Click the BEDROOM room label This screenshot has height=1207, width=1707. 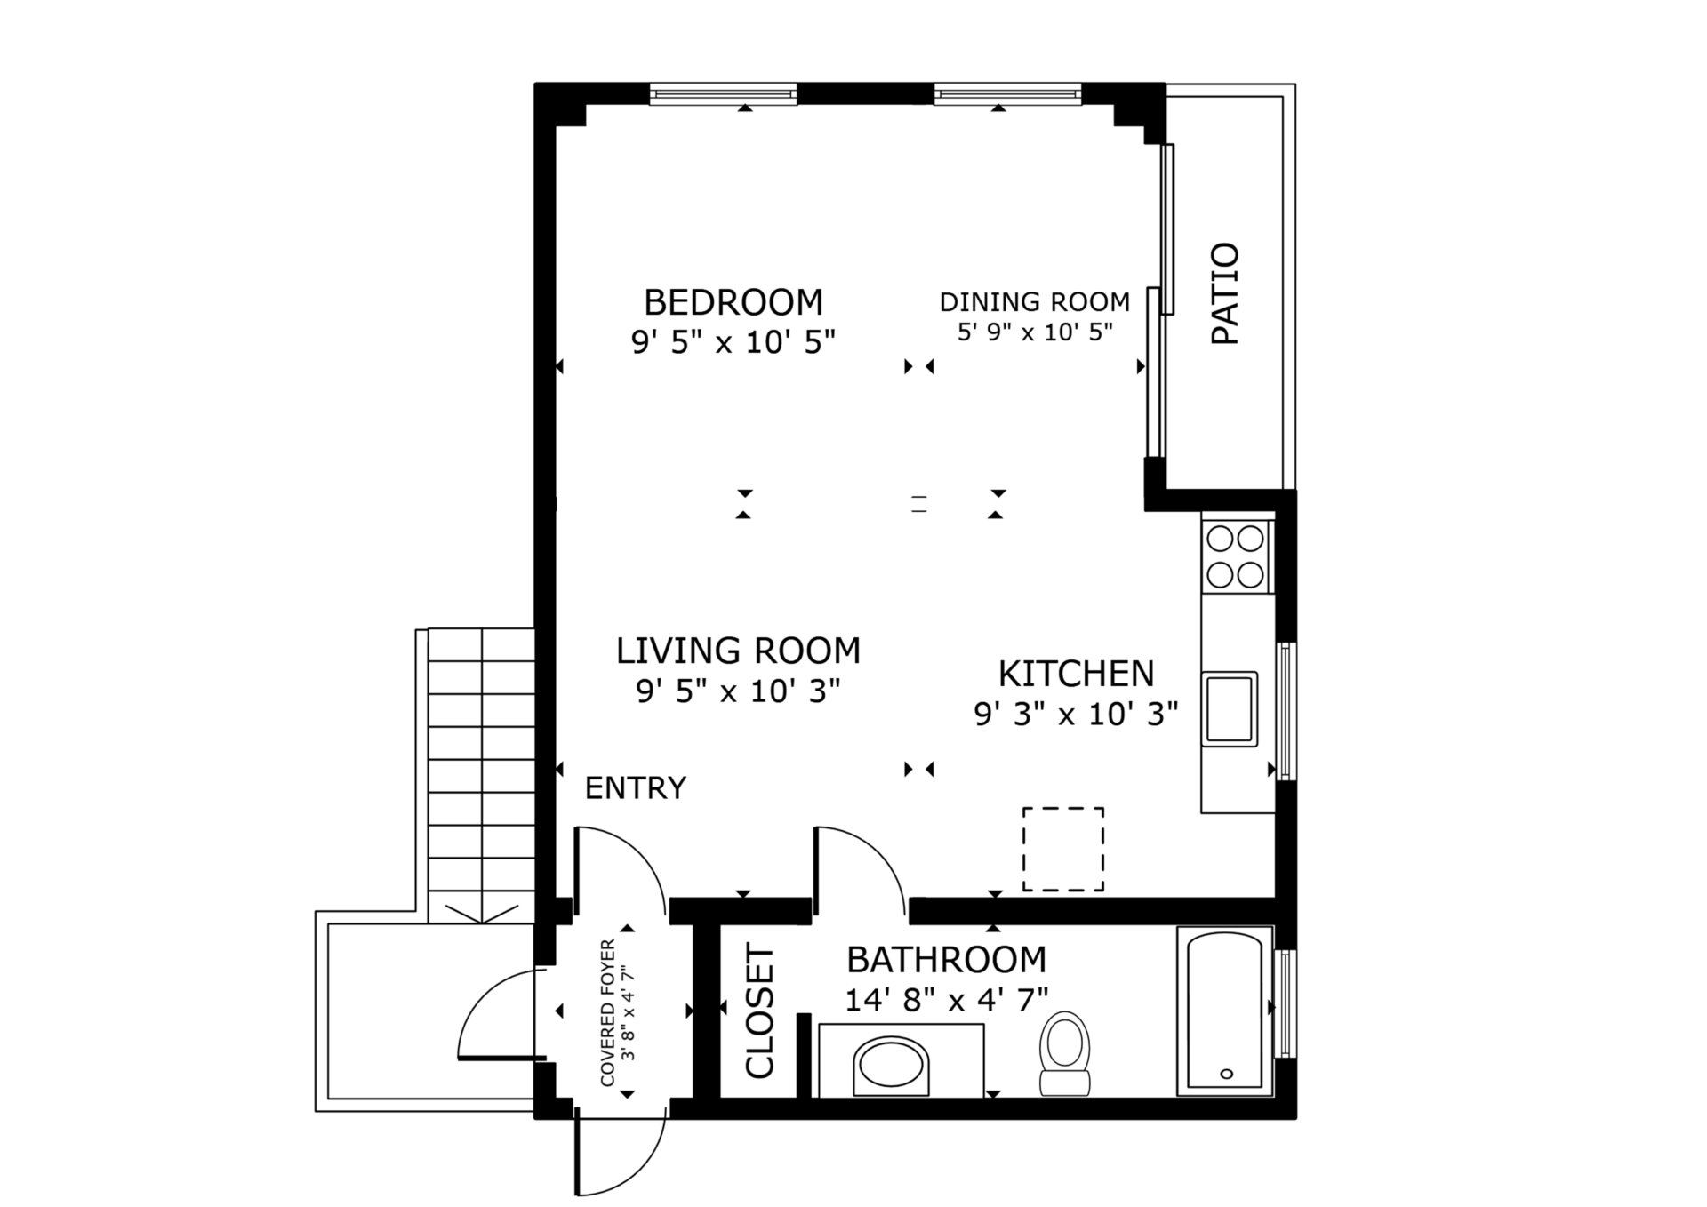click(x=733, y=302)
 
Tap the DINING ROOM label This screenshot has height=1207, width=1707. click(x=1035, y=302)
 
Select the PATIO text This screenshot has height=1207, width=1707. click(x=1225, y=293)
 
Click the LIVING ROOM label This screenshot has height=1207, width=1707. click(x=738, y=651)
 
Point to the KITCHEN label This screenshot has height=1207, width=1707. click(x=1076, y=674)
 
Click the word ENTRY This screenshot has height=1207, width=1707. click(x=635, y=788)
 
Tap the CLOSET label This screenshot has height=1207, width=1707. click(x=760, y=1011)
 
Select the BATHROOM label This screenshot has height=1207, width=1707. click(x=946, y=960)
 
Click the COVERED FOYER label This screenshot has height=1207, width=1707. click(x=608, y=1011)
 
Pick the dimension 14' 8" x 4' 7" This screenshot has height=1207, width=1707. click(x=946, y=1001)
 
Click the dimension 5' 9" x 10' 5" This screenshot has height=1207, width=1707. click(x=1035, y=332)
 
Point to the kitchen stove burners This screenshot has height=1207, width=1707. click(x=1236, y=556)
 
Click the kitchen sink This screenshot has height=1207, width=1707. click(x=1230, y=708)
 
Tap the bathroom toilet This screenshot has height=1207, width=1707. click(x=1065, y=1054)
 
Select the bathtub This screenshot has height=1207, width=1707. click(x=1224, y=1011)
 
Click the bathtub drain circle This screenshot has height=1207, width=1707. click(x=1227, y=1074)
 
